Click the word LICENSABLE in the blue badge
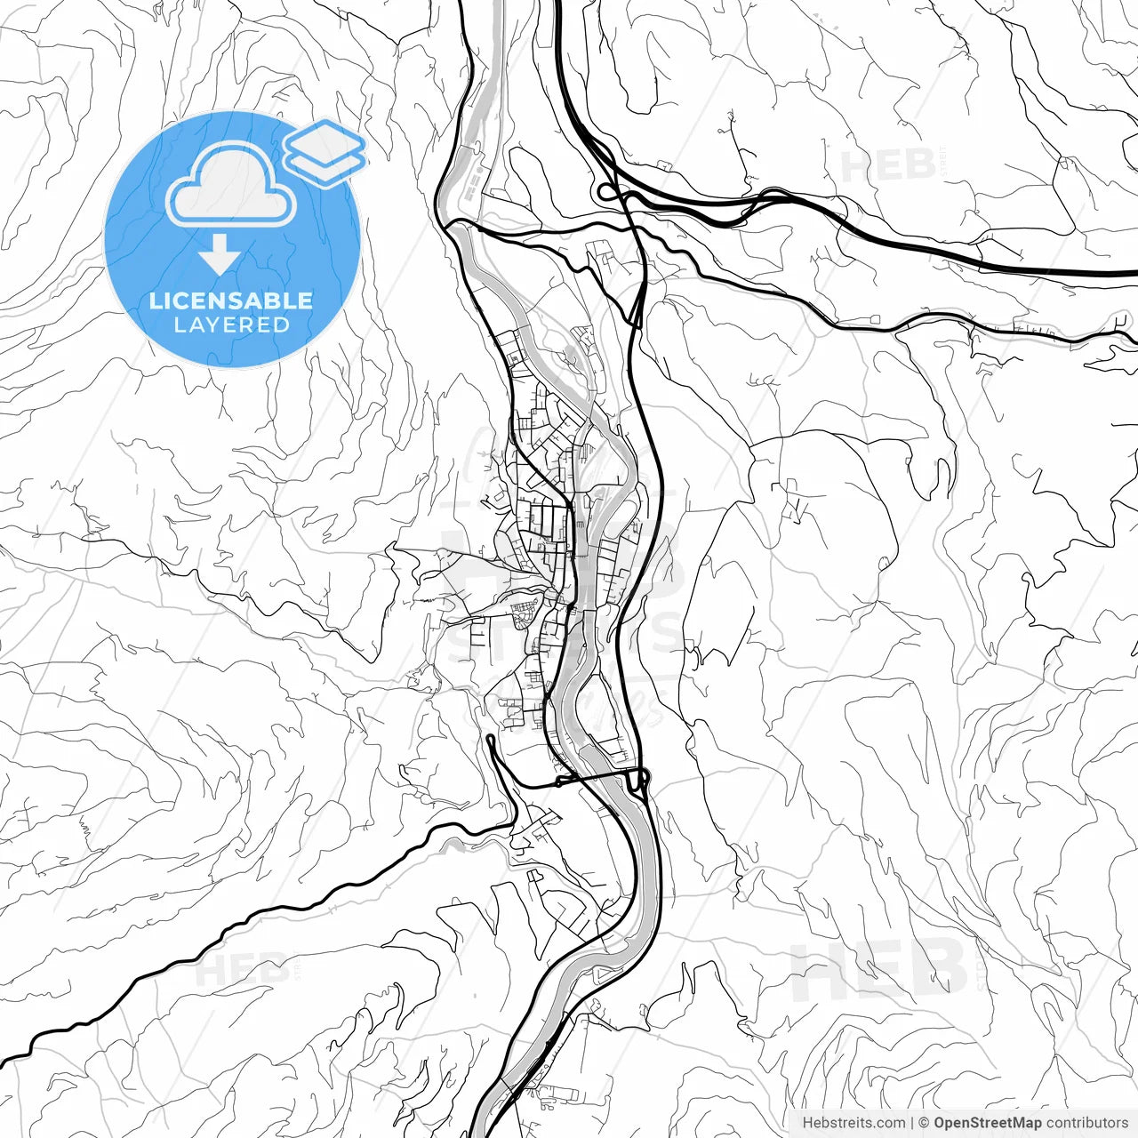click(x=231, y=301)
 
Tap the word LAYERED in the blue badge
click(x=231, y=325)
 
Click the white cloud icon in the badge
click(x=231, y=184)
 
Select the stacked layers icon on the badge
click(x=325, y=152)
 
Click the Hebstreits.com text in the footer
click(x=853, y=1123)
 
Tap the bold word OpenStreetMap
click(x=988, y=1123)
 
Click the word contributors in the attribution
click(x=1087, y=1123)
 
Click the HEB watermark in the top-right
click(x=887, y=166)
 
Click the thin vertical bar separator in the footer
click(x=912, y=1123)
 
